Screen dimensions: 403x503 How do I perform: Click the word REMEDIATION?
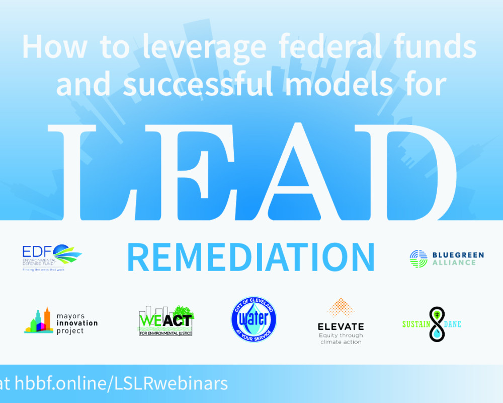pyautogui.click(x=250, y=257)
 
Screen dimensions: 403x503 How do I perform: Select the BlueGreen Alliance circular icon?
pyautogui.click(x=418, y=258)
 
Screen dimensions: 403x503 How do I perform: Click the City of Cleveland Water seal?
pyautogui.click(x=254, y=319)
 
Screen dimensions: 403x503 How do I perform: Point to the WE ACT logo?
pyautogui.click(x=166, y=321)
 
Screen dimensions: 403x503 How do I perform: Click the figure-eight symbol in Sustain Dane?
pyautogui.click(x=437, y=324)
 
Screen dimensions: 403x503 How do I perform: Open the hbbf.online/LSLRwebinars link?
pyautogui.click(x=121, y=383)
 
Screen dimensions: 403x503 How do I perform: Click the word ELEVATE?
pyautogui.click(x=341, y=326)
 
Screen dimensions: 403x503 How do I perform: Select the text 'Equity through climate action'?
pyautogui.click(x=341, y=339)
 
